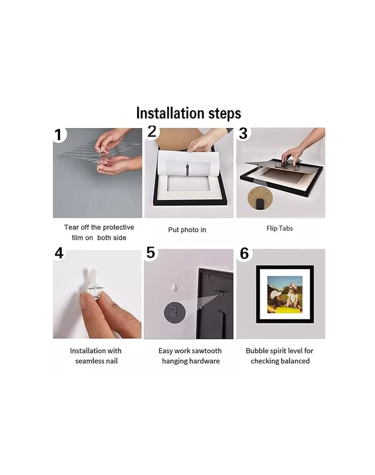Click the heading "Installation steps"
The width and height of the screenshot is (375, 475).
[x=188, y=113]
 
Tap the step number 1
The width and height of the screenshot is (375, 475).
[x=59, y=135]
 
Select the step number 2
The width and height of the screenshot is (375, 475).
[x=152, y=132]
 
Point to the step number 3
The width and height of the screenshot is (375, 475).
[x=243, y=133]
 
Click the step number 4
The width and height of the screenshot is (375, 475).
[x=59, y=253]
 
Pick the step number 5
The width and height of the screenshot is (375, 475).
[x=151, y=252]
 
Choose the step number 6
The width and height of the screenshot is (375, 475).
[x=245, y=254]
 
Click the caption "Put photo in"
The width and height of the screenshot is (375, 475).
[x=187, y=230]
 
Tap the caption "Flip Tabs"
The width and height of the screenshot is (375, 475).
[x=279, y=229]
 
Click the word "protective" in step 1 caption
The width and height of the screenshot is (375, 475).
[x=118, y=227]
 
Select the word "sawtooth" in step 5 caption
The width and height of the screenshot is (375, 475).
[x=206, y=351]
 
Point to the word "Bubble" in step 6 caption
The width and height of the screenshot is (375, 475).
[x=256, y=351]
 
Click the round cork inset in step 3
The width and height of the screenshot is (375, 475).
[x=260, y=198]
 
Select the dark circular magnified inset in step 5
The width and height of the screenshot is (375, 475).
[x=175, y=312]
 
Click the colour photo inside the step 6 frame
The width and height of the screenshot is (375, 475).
[x=285, y=294]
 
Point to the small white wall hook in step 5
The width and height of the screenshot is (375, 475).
[x=174, y=287]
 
